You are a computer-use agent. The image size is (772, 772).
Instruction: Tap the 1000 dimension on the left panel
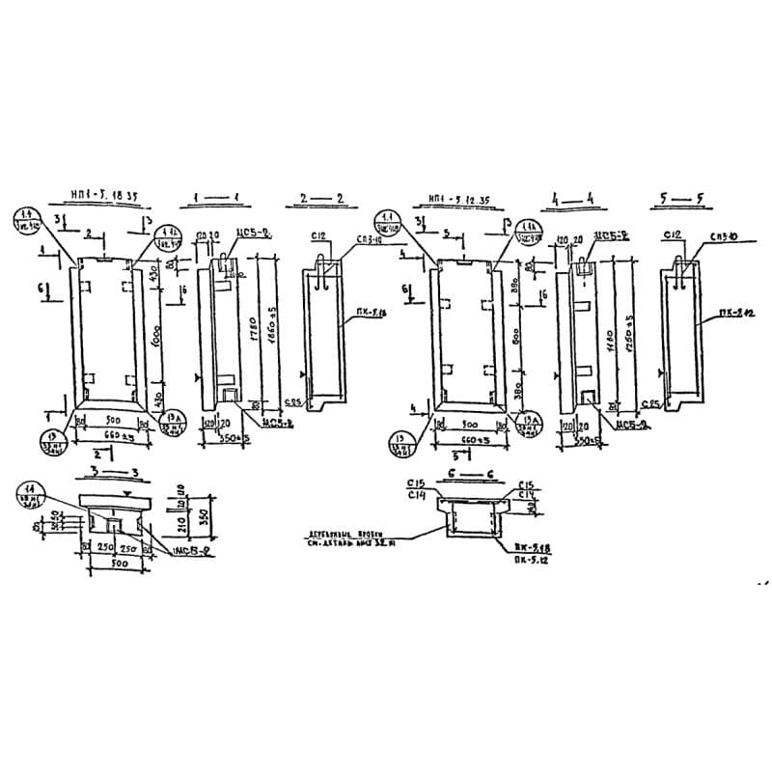coord(157,338)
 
